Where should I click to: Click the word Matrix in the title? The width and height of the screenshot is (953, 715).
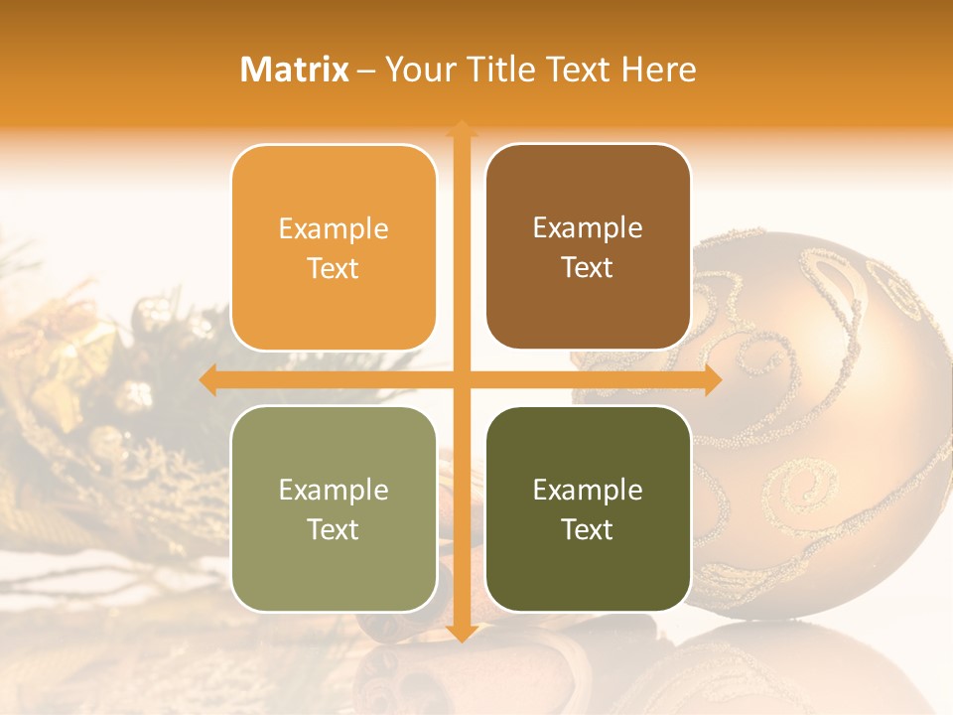pyautogui.click(x=295, y=70)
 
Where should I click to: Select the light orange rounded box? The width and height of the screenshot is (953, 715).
pyautogui.click(x=334, y=247)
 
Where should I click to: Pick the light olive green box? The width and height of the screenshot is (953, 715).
pyautogui.click(x=334, y=508)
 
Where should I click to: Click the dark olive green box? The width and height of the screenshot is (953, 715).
pyautogui.click(x=588, y=508)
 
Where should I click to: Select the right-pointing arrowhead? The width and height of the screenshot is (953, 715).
pyautogui.click(x=712, y=379)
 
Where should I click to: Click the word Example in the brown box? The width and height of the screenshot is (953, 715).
pyautogui.click(x=588, y=227)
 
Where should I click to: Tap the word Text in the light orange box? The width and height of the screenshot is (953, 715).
pyautogui.click(x=334, y=268)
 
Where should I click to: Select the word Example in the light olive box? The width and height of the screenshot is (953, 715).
pyautogui.click(x=334, y=490)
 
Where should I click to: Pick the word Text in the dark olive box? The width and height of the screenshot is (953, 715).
pyautogui.click(x=588, y=529)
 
